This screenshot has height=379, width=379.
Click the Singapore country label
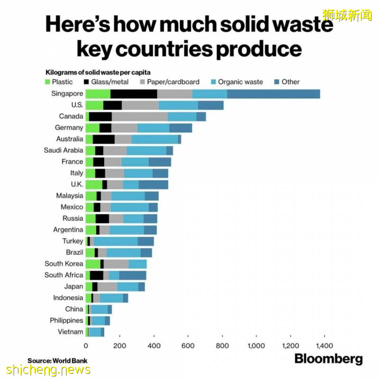pyautogui.click(x=67, y=94)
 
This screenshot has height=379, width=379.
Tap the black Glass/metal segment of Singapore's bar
pyautogui.click(x=134, y=94)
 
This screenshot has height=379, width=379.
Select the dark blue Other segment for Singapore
pyautogui.click(x=273, y=94)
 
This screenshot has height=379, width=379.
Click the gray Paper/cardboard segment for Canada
pyautogui.click(x=140, y=117)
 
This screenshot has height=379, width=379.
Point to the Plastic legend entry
pyautogui.click(x=59, y=82)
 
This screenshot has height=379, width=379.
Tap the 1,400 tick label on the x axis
pyautogui.click(x=324, y=346)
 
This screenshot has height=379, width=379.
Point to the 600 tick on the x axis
pyautogui.click(x=188, y=346)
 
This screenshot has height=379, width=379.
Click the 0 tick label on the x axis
pyautogui.click(x=86, y=346)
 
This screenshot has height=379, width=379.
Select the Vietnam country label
pyautogui.click(x=71, y=332)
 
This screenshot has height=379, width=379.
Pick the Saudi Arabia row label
pyautogui.click(x=63, y=151)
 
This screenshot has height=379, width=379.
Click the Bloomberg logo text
pyautogui.click(x=328, y=359)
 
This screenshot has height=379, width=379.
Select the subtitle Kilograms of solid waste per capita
pyautogui.click(x=98, y=72)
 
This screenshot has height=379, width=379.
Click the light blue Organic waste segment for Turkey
pyautogui.click(x=116, y=241)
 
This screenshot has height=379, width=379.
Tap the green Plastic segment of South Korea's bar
pyautogui.click(x=93, y=264)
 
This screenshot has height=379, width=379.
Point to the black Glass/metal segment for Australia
pyautogui.click(x=104, y=139)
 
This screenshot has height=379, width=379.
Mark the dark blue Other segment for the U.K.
pyautogui.click(x=153, y=185)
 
